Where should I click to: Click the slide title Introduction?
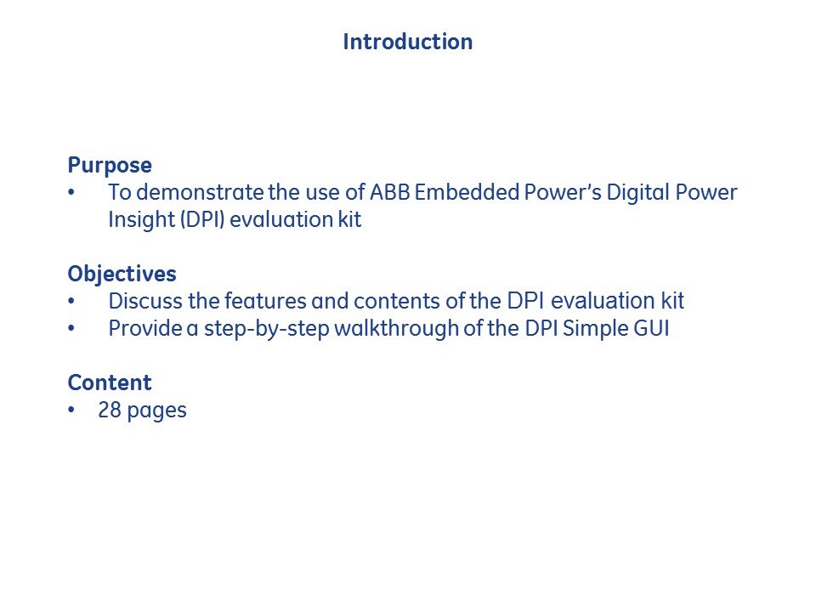tap(407, 42)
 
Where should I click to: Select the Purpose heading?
tap(110, 166)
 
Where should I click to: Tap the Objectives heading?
tap(122, 275)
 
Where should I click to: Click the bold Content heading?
tap(110, 382)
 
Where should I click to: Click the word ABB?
tap(390, 192)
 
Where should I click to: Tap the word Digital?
tap(637, 193)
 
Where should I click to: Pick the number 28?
tap(110, 410)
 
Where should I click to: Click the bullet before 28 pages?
tap(71, 410)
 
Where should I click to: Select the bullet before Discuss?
tap(71, 301)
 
